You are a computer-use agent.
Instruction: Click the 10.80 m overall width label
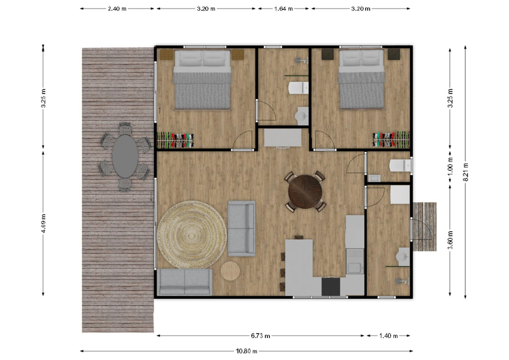pyautogui.click(x=247, y=351)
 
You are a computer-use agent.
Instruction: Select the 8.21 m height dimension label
pyautogui.click(x=465, y=172)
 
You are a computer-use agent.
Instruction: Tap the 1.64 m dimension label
pyautogui.click(x=283, y=9)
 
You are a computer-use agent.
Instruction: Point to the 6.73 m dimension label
pyautogui.click(x=260, y=336)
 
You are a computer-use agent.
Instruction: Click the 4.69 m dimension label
pyautogui.click(x=43, y=223)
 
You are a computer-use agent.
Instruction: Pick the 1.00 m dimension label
pyautogui.click(x=450, y=169)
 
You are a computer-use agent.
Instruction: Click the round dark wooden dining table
pyautogui.click(x=305, y=191)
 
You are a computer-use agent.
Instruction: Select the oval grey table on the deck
pyautogui.click(x=125, y=156)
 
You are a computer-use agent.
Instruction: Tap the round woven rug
pyautogui.click(x=192, y=234)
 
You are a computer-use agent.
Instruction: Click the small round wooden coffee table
pyautogui.click(x=230, y=270)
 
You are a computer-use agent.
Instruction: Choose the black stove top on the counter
pyautogui.click(x=331, y=286)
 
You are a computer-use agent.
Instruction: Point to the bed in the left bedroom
pyautogui.click(x=203, y=80)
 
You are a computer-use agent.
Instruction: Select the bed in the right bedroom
pyautogui.click(x=361, y=80)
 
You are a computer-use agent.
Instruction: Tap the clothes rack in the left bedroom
pyautogui.click(x=175, y=140)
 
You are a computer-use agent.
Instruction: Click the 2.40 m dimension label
pyautogui.click(x=117, y=9)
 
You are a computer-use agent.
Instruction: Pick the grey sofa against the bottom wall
pyautogui.click(x=185, y=282)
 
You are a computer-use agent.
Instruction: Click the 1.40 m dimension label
pyautogui.click(x=389, y=336)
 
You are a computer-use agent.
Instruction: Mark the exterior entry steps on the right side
pyautogui.click(x=424, y=227)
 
